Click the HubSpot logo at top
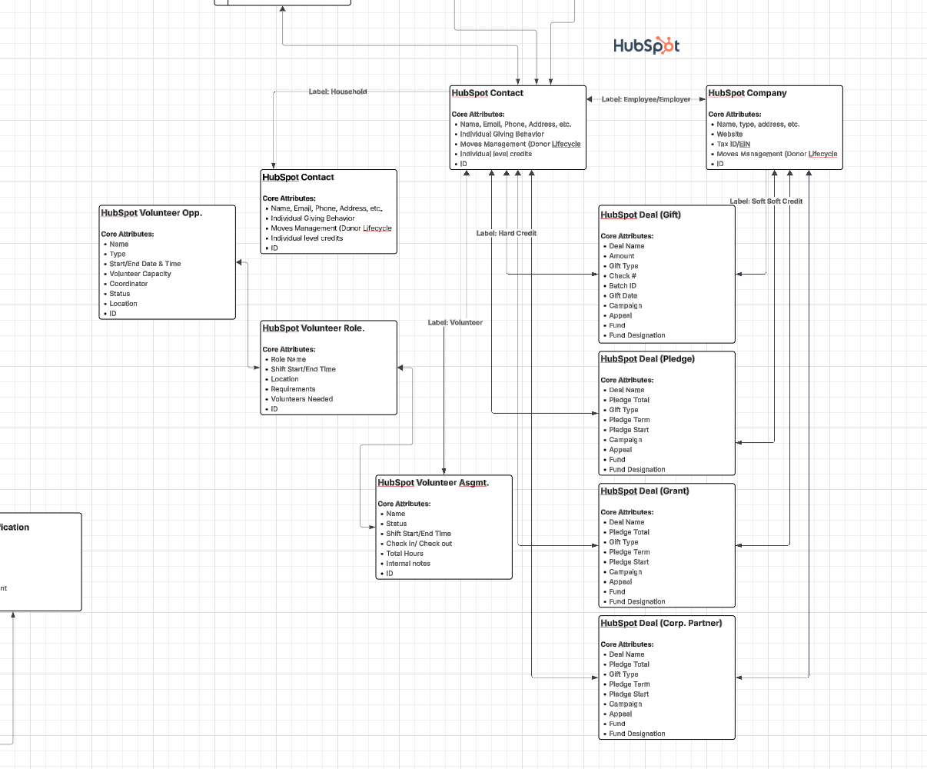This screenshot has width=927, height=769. tap(646, 46)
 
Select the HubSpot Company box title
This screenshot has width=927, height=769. tap(747, 93)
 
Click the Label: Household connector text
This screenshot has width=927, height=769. tap(337, 92)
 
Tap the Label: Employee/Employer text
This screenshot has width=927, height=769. tap(646, 99)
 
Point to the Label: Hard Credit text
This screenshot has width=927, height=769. tap(506, 233)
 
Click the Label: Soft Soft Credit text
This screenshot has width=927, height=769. tap(766, 201)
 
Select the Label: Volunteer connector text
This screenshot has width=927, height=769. tap(455, 322)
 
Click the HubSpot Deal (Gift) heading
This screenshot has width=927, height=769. tap(640, 215)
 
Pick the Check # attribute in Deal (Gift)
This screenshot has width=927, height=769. tap(623, 276)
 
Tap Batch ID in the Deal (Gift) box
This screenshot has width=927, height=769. tap(623, 286)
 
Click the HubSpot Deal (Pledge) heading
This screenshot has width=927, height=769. tap(647, 358)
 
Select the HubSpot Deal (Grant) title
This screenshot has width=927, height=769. tap(644, 491)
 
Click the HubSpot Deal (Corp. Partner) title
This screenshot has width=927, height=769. tap(661, 623)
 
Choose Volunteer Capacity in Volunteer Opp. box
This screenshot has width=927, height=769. tap(140, 274)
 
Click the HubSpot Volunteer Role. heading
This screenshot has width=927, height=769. tap(313, 328)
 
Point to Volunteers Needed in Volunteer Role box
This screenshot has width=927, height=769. tap(301, 399)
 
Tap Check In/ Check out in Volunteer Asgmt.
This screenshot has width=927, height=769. tap(419, 544)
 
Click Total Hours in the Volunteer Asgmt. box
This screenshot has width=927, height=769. tap(404, 554)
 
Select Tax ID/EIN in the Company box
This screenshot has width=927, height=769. tap(733, 144)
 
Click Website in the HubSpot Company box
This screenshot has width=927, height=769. tap(729, 134)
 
